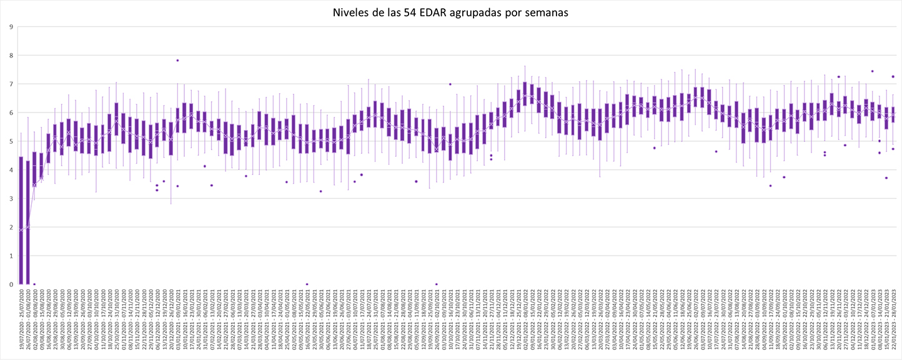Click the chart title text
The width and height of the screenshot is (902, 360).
click(451, 12)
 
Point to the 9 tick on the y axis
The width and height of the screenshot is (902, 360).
click(11, 27)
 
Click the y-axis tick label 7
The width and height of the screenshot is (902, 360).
click(11, 84)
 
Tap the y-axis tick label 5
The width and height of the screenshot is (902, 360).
click(11, 141)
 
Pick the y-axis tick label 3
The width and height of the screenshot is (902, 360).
click(11, 199)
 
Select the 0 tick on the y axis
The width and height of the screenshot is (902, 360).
click(11, 284)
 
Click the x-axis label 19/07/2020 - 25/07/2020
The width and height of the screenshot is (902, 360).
click(21, 322)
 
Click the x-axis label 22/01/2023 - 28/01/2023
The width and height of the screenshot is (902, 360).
click(893, 322)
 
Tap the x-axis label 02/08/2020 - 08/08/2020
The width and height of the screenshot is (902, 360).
click(34, 322)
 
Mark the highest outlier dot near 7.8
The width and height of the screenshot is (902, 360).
click(177, 61)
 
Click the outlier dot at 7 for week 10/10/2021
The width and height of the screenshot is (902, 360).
click(450, 84)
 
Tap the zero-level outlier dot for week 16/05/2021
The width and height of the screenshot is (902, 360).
click(307, 284)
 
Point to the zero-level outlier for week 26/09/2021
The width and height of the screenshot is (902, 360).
click(436, 284)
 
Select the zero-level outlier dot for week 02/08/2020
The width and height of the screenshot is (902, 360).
click(34, 284)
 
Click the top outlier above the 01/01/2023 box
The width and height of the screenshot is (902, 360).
click(873, 71)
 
